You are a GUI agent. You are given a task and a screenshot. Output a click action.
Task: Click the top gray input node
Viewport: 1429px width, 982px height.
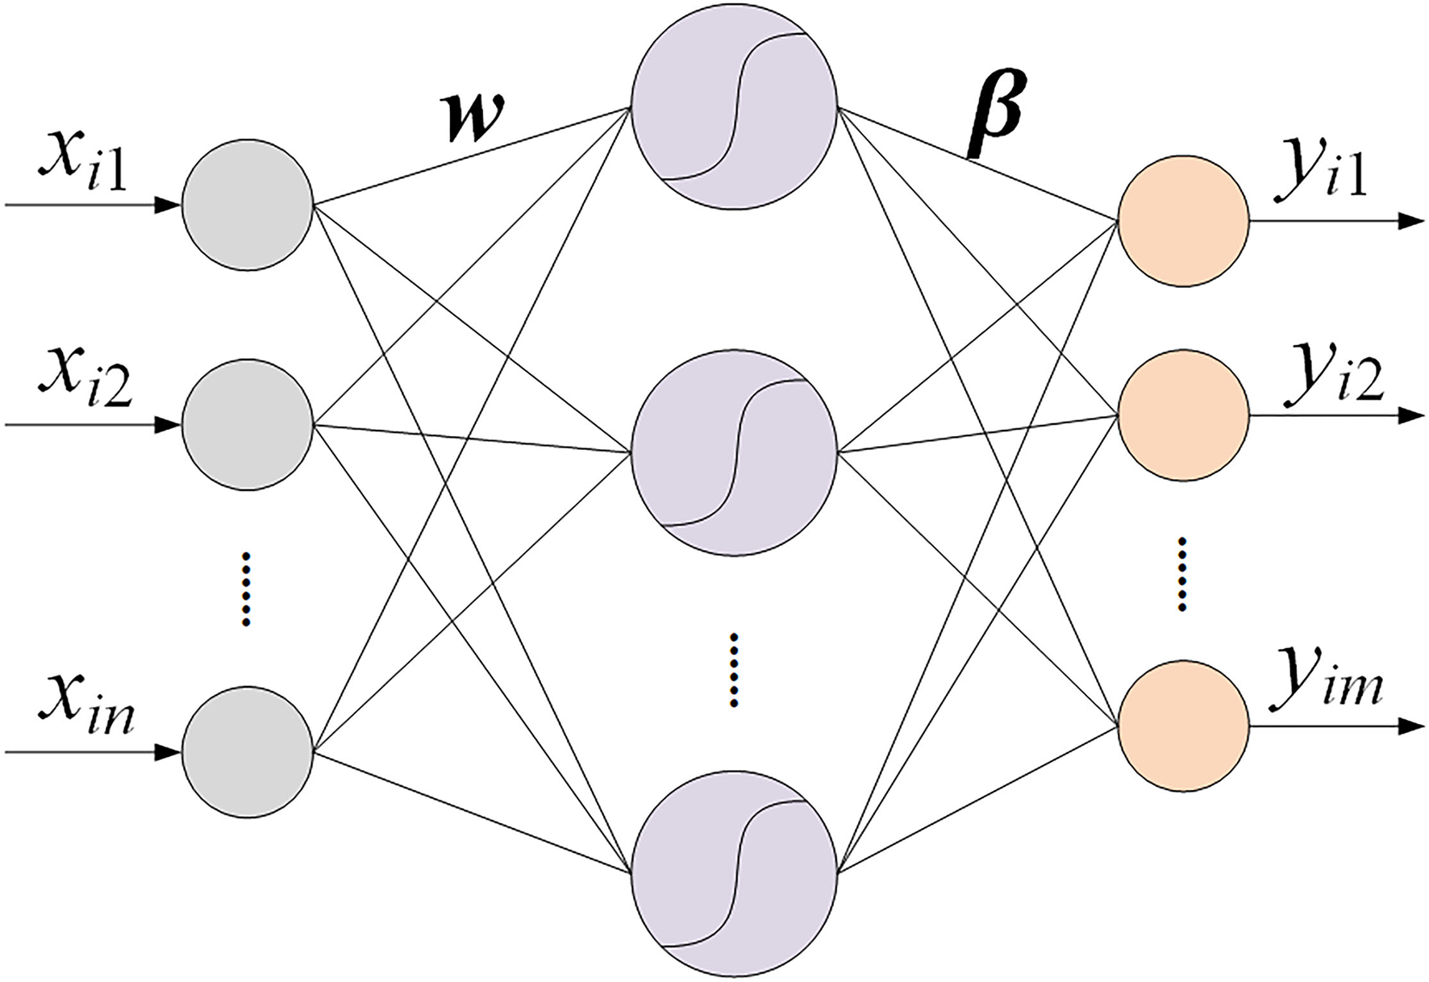pyautogui.click(x=248, y=206)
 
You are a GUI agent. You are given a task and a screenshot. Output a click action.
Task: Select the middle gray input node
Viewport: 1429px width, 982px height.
pyautogui.click(x=248, y=424)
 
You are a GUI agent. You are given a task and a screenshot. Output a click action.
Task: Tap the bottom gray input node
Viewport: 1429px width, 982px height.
pyautogui.click(x=248, y=752)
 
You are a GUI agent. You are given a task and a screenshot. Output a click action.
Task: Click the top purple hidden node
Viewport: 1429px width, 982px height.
pyautogui.click(x=734, y=107)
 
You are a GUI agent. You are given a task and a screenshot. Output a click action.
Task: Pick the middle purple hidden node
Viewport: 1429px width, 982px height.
pyautogui.click(x=734, y=452)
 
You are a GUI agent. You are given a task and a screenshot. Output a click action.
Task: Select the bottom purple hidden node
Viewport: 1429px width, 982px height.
pyautogui.click(x=734, y=873)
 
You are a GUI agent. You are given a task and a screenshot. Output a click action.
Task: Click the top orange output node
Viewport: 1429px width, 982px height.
pyautogui.click(x=1183, y=220)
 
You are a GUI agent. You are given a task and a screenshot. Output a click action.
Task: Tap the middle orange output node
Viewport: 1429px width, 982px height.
pyautogui.click(x=1183, y=417)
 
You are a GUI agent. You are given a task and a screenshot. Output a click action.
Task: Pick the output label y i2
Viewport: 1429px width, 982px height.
pyautogui.click(x=1335, y=372)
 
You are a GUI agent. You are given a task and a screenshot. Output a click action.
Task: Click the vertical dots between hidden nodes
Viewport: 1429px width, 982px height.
pyautogui.click(x=734, y=670)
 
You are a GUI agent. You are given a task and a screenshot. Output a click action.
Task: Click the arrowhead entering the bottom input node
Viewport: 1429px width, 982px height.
pyautogui.click(x=166, y=752)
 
